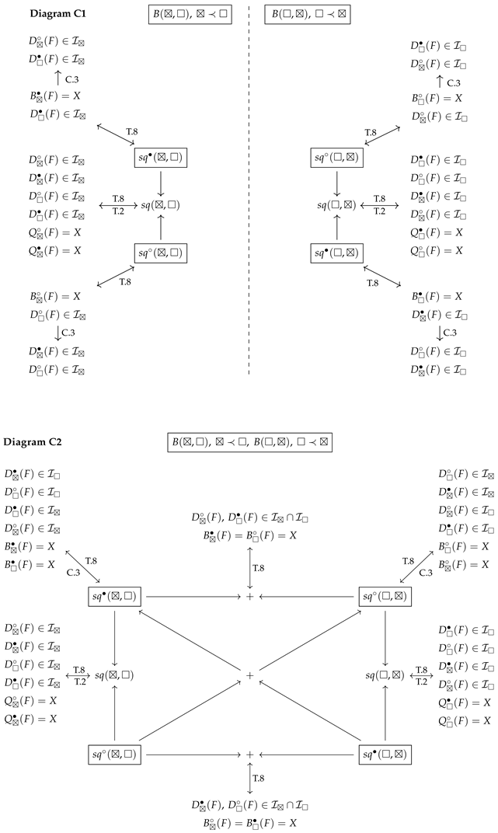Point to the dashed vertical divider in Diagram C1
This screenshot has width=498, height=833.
pos(249,194)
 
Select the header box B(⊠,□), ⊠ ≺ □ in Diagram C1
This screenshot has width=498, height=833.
pos(190,14)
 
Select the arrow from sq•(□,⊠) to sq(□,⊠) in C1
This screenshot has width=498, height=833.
pos(337,228)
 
